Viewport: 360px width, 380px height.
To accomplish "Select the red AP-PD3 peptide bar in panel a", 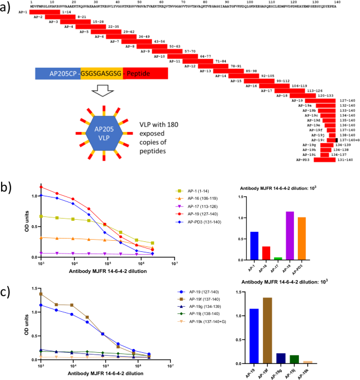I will coord(324,160).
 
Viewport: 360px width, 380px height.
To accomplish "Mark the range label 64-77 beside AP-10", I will coord(189,56).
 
